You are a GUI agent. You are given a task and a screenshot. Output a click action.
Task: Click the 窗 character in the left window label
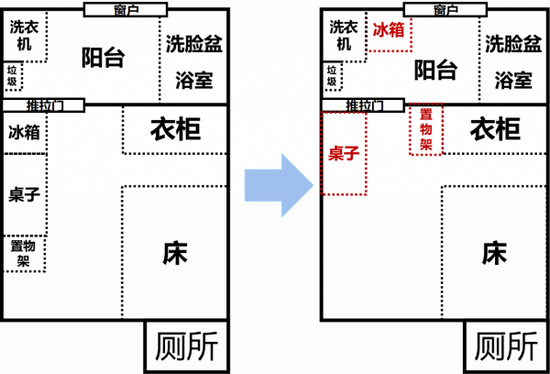(x=120, y=10)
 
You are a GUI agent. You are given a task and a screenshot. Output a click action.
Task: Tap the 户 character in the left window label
(x=132, y=10)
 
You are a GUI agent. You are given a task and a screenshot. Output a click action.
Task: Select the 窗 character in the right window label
(x=440, y=10)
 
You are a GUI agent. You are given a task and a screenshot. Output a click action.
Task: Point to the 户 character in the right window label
(x=452, y=10)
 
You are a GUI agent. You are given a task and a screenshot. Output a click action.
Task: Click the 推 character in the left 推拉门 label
(x=33, y=105)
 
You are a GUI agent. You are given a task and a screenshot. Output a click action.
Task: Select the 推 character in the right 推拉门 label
(x=352, y=105)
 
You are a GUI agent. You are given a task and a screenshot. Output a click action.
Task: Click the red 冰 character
(x=380, y=30)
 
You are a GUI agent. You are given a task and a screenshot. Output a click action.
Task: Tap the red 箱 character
(x=396, y=30)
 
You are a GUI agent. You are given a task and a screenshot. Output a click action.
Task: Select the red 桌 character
(x=336, y=153)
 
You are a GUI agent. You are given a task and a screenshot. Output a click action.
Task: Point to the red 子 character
(x=352, y=153)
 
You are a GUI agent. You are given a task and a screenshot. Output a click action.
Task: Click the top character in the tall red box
(x=426, y=115)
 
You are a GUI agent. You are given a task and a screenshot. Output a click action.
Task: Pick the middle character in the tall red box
(x=426, y=129)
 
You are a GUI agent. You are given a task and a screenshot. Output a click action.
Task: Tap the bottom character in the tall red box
(x=426, y=144)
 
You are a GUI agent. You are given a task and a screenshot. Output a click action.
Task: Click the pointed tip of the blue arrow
(x=313, y=185)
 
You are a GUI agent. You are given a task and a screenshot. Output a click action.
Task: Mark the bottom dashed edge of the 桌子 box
(x=344, y=194)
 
